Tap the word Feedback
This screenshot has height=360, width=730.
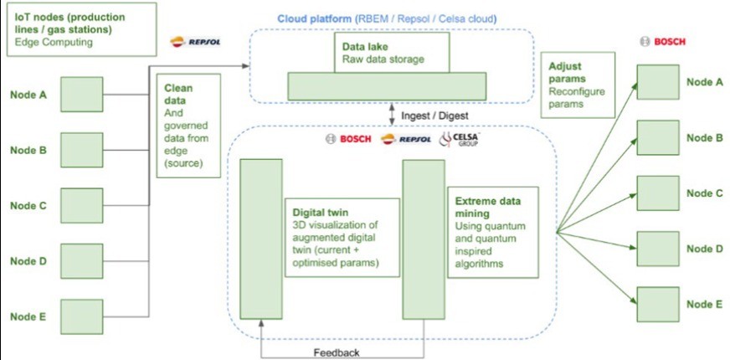coord(336,352)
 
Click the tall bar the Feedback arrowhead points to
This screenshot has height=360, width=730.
coord(261,239)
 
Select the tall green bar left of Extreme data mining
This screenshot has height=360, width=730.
coord(423,239)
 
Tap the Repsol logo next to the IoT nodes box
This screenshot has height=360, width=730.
coord(194,42)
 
